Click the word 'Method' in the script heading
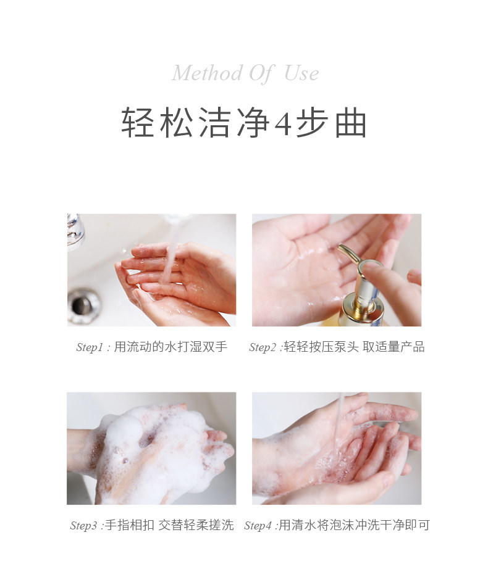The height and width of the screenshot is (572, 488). pyautogui.click(x=207, y=73)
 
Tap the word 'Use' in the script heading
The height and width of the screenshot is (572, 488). pyautogui.click(x=301, y=73)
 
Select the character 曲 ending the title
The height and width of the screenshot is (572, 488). pyautogui.click(x=351, y=122)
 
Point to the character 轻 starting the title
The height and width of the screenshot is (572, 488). pyautogui.click(x=137, y=122)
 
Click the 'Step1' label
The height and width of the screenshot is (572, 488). pyautogui.click(x=90, y=347)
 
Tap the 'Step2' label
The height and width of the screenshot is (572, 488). pyautogui.click(x=263, y=347)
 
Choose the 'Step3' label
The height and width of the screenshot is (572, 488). pyautogui.click(x=83, y=526)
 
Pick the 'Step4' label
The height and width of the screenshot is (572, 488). pyautogui.click(x=258, y=526)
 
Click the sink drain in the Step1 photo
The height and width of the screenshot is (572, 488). pyautogui.click(x=83, y=305)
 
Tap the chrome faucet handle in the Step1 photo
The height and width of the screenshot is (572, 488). pyautogui.click(x=75, y=231)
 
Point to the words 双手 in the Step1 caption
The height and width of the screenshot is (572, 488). pyautogui.click(x=215, y=347)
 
